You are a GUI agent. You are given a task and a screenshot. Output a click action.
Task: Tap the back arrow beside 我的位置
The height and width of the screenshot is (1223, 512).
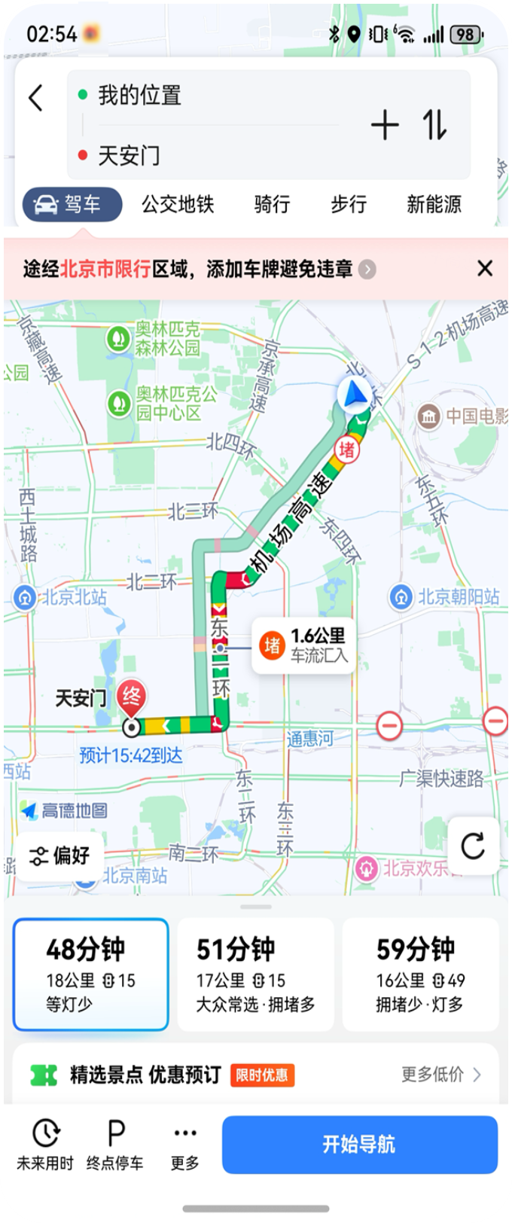[x=35, y=98]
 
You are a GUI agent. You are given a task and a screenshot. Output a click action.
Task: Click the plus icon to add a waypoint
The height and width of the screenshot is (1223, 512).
[x=385, y=125]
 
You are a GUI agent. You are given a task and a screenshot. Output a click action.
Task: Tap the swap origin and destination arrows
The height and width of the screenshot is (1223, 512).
[x=434, y=125]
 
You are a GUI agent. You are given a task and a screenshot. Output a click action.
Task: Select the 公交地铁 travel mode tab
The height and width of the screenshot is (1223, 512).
[x=178, y=204]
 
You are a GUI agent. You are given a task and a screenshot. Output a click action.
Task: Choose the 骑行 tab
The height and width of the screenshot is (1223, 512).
[x=272, y=204]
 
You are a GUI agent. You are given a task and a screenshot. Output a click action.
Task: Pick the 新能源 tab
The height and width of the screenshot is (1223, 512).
[x=434, y=204]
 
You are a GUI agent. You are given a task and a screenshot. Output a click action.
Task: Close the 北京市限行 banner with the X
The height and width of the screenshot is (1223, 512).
[x=485, y=269]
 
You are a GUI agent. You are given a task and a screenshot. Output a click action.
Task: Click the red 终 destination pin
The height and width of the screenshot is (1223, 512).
[x=133, y=697]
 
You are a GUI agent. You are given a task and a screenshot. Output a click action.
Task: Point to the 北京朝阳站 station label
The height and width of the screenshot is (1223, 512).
[x=458, y=596]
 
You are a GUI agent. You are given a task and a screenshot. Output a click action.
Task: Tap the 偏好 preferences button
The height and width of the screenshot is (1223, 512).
[x=60, y=855]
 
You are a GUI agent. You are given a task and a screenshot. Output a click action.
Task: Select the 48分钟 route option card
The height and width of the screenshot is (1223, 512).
[x=90, y=974]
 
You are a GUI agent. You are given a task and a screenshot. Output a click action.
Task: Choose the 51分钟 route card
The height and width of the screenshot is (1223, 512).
[x=255, y=974]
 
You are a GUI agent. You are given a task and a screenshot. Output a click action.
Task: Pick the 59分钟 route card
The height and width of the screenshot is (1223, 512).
[x=420, y=974]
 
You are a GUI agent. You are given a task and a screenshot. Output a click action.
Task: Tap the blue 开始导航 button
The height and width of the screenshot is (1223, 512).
[x=359, y=1145]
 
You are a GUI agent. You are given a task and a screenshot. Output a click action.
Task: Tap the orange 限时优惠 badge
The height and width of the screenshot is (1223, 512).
[x=261, y=1075]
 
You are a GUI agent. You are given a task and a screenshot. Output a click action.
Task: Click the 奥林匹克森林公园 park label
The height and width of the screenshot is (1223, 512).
[x=166, y=338]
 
